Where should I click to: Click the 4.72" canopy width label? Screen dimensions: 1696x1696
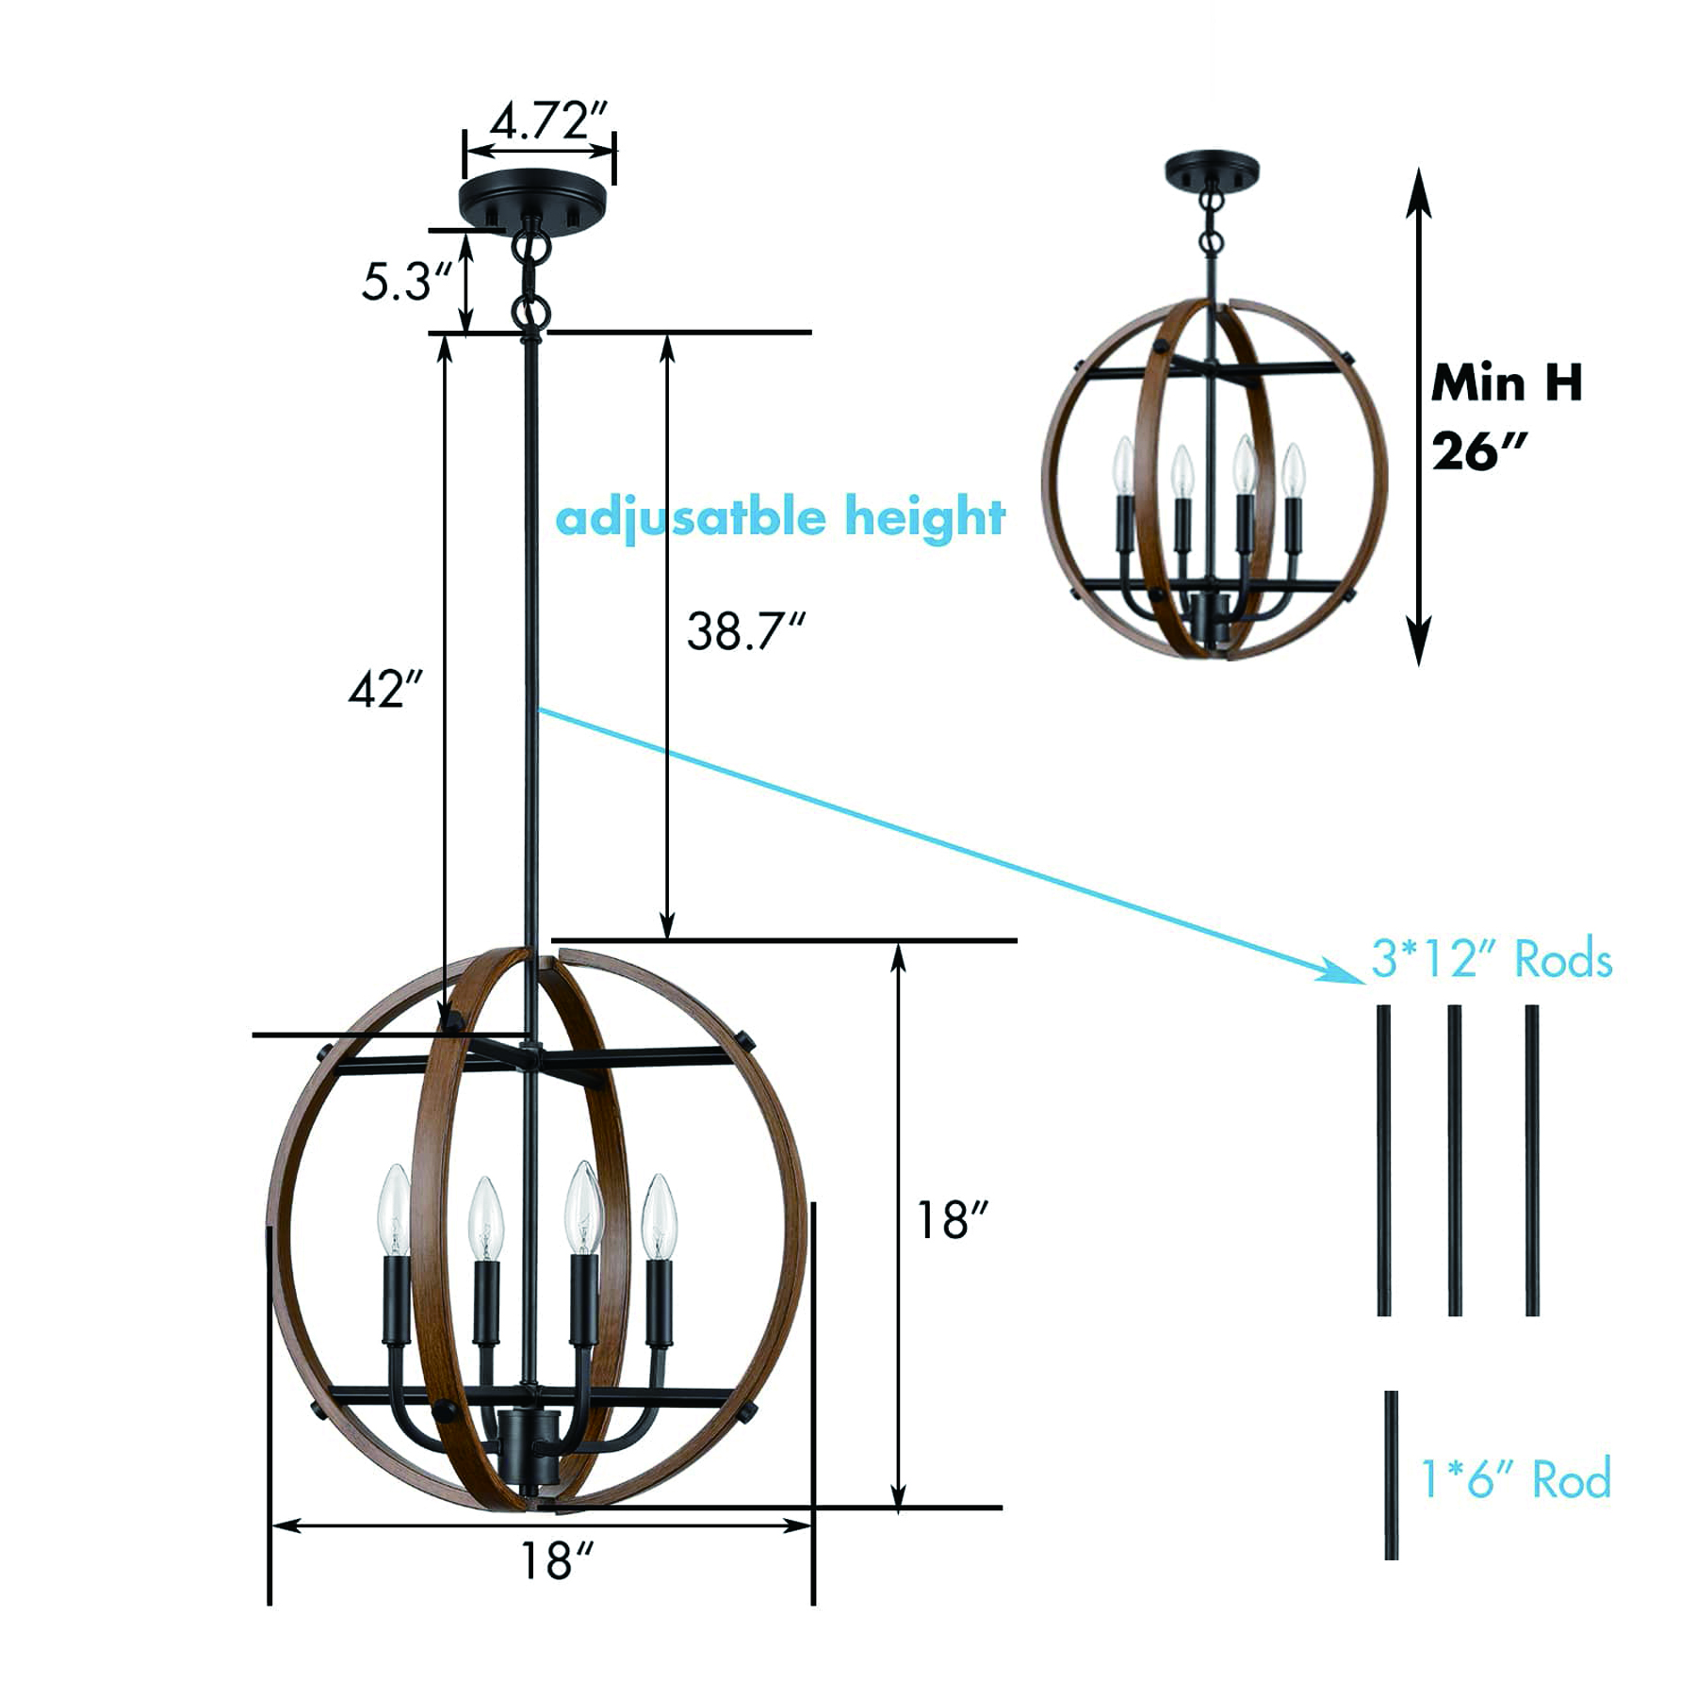549,121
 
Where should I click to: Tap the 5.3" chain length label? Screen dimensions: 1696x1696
407,281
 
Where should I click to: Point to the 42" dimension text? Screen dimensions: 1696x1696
385,690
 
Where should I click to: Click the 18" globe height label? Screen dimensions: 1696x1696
953,1220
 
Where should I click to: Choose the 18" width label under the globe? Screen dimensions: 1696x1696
558,1561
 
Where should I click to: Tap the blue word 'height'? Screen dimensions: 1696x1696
924,517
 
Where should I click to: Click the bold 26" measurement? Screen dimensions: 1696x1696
1477,451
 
